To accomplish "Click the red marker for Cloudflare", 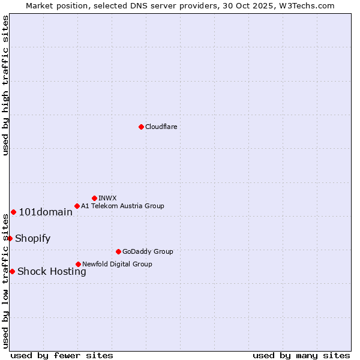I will pyautogui.click(x=141, y=127).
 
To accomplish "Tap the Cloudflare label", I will pyautogui.click(x=161, y=127).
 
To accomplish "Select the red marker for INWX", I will pyautogui.click(x=94, y=198).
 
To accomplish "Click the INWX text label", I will pyautogui.click(x=107, y=198).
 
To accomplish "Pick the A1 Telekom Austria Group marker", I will pyautogui.click(x=77, y=206).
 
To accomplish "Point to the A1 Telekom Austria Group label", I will pyautogui.click(x=122, y=206).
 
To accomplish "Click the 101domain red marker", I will pyautogui.click(x=13, y=212).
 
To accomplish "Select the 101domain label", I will pyautogui.click(x=46, y=212).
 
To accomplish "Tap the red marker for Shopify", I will pyautogui.click(x=10, y=238).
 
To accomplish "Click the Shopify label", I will pyautogui.click(x=32, y=238).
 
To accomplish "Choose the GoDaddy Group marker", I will pyautogui.click(x=118, y=251).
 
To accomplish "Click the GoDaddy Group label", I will pyautogui.click(x=148, y=251).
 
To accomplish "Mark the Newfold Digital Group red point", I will pyautogui.click(x=78, y=264).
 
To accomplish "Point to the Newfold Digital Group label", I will pyautogui.click(x=117, y=264).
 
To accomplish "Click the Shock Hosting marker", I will pyautogui.click(x=12, y=271).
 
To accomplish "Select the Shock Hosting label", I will pyautogui.click(x=52, y=271).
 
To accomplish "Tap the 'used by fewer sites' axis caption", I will pyautogui.click(x=62, y=355).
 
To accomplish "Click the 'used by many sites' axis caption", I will pyautogui.click(x=301, y=355).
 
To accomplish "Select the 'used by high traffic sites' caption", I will pyautogui.click(x=5, y=85).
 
